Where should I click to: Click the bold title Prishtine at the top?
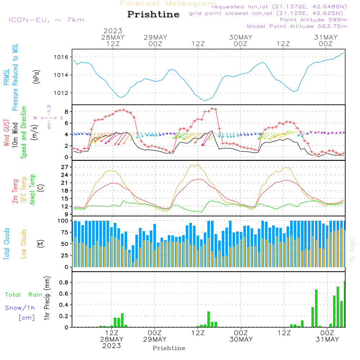click(153, 14)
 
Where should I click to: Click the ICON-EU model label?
click(46, 20)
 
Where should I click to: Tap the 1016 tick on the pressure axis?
click(61, 57)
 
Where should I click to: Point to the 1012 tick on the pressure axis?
click(61, 93)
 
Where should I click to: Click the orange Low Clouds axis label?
click(24, 243)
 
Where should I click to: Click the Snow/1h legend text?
click(20, 308)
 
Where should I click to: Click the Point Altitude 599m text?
click(313, 20)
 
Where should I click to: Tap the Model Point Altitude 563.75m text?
click(297, 26)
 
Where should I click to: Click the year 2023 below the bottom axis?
click(111, 346)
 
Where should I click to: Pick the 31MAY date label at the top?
click(326, 37)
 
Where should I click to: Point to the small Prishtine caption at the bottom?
click(169, 348)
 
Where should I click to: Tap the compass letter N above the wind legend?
click(49, 107)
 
